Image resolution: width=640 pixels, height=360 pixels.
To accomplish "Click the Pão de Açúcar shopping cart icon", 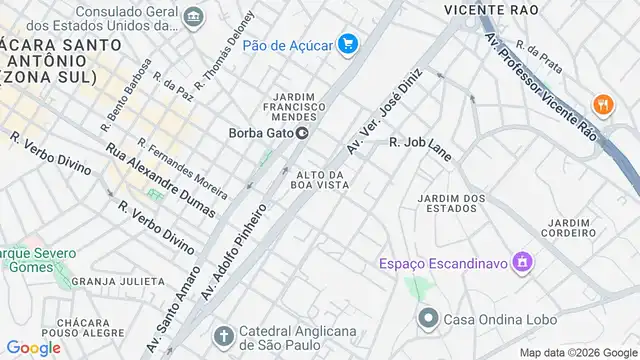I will tap(348, 43).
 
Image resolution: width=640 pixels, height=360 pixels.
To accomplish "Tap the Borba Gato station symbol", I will tap(300, 134).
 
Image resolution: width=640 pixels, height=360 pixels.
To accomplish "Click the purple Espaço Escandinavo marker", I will tap(520, 262).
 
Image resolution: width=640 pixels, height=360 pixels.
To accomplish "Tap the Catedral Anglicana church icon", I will tap(225, 334).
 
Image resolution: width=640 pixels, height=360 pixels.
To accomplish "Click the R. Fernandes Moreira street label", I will tap(183, 169).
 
